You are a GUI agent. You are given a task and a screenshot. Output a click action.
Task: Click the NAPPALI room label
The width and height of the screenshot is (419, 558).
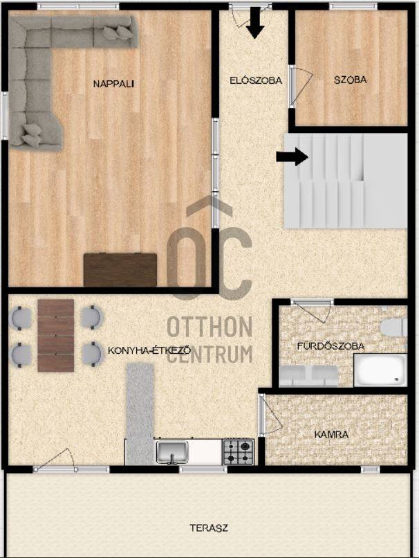113,84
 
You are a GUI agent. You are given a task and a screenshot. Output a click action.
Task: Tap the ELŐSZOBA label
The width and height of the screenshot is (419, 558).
256,80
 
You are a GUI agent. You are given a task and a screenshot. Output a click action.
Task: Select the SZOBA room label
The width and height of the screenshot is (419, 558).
351,80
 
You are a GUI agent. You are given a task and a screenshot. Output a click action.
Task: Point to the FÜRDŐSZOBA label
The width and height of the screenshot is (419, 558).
331,345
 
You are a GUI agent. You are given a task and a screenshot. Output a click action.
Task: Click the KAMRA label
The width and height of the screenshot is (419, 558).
332,434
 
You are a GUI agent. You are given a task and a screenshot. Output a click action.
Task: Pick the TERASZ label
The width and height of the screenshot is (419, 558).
209,528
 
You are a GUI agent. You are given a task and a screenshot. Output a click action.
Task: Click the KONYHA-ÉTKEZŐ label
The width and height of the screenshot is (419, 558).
149,350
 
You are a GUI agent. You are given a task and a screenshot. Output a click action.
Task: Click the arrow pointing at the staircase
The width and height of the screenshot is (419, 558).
292,156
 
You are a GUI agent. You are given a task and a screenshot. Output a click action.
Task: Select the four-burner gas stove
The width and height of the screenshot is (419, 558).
238,451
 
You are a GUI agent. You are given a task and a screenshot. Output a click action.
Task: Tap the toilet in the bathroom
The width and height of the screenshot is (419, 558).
393,327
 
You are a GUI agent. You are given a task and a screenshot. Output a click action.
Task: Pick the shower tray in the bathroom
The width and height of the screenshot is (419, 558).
380,370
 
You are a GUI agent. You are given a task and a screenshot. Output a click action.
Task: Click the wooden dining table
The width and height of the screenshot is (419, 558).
56,335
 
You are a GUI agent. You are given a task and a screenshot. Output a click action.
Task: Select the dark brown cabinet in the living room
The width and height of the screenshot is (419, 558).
120,269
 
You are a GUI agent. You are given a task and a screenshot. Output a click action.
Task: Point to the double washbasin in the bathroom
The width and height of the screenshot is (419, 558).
308,376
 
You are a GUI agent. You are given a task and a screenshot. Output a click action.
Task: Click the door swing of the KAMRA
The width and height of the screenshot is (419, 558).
271,415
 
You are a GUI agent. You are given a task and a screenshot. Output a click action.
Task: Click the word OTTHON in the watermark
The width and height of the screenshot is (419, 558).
209,327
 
